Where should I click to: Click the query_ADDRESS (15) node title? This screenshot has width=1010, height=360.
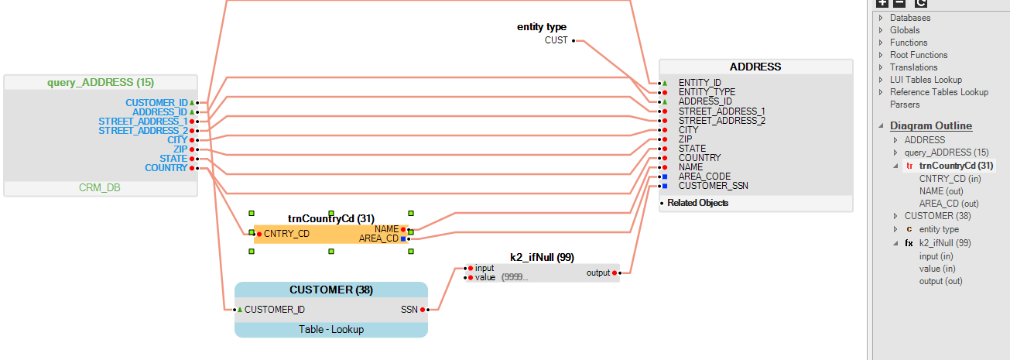coord(101,82)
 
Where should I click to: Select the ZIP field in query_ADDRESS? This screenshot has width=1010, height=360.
coord(180,149)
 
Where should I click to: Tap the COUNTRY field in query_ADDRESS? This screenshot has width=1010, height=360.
coord(166,168)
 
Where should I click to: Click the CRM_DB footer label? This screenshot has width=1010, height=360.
coord(101,188)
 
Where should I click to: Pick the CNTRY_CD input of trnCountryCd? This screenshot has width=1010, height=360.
coord(287,233)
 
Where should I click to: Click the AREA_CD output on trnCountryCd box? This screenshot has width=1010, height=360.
coord(378,238)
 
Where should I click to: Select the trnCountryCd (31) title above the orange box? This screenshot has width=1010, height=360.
coord(331,218)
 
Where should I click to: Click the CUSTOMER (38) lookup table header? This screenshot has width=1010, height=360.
coord(331,290)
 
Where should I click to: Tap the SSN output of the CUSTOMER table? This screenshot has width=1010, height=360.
coord(409,310)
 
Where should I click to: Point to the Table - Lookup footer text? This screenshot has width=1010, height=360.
coord(331,329)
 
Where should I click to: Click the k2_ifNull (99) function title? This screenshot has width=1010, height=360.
coord(542,257)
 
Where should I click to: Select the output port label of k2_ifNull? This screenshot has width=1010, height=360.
coord(598,273)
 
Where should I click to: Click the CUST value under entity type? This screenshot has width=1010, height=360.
coord(556,40)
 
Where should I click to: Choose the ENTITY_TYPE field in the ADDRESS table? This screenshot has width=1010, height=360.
coord(707,92)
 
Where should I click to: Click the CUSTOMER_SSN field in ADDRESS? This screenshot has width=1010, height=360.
coord(713,186)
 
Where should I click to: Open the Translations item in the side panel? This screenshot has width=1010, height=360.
coord(913,67)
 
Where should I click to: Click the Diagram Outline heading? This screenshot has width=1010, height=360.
coord(931,125)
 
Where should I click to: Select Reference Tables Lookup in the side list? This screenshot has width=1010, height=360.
coord(939,92)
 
